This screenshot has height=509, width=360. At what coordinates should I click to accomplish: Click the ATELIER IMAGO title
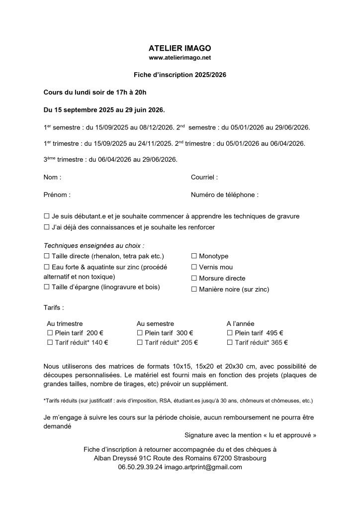click(x=180, y=48)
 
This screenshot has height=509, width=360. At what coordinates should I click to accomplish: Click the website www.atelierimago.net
click(x=180, y=58)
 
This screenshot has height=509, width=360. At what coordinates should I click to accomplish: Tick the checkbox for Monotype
click(x=194, y=256)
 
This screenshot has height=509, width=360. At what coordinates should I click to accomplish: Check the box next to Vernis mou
click(x=194, y=267)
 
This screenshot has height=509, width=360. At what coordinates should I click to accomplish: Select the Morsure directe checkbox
click(x=194, y=278)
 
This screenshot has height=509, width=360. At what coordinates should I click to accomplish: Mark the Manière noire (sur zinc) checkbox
click(x=194, y=289)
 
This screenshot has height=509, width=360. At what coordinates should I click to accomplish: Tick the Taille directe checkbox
click(x=47, y=256)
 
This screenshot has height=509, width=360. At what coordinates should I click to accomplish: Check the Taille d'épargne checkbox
click(x=47, y=287)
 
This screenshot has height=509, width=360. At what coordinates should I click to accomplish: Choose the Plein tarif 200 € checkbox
click(x=50, y=333)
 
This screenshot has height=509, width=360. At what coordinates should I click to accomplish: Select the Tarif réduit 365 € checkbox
click(x=230, y=342)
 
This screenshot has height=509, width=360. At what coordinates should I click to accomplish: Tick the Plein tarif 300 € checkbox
click(x=140, y=333)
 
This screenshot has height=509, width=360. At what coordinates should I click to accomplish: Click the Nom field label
click(x=52, y=177)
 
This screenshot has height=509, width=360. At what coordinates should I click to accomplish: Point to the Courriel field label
click(x=204, y=177)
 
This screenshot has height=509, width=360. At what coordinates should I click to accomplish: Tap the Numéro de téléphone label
click(x=224, y=195)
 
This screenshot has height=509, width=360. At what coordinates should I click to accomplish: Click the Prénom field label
click(x=57, y=195)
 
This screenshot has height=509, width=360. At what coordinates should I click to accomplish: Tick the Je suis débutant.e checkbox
click(x=47, y=216)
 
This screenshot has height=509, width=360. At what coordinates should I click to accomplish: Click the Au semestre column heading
click(x=155, y=323)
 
